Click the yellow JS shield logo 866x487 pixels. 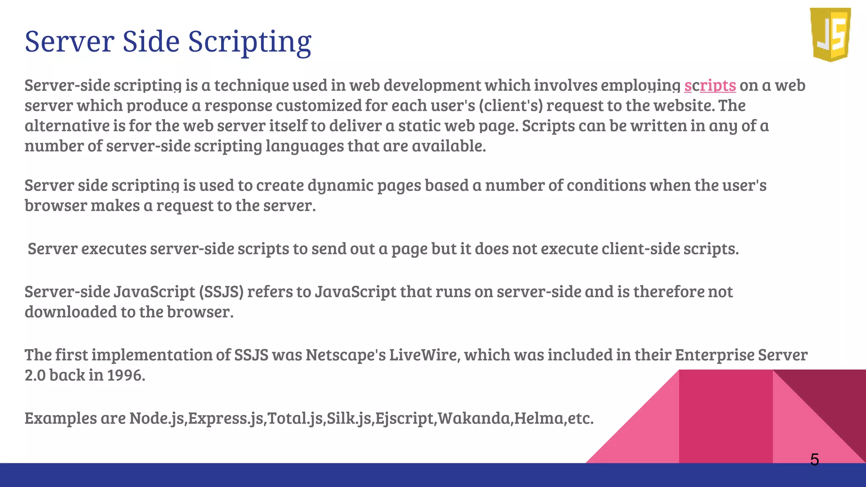[x=830, y=35]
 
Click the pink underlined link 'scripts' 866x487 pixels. [x=710, y=85]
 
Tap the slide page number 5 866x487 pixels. [x=814, y=460]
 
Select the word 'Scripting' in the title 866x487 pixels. [x=249, y=42]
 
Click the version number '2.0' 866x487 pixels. [x=35, y=375]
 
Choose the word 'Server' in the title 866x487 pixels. [x=70, y=42]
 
